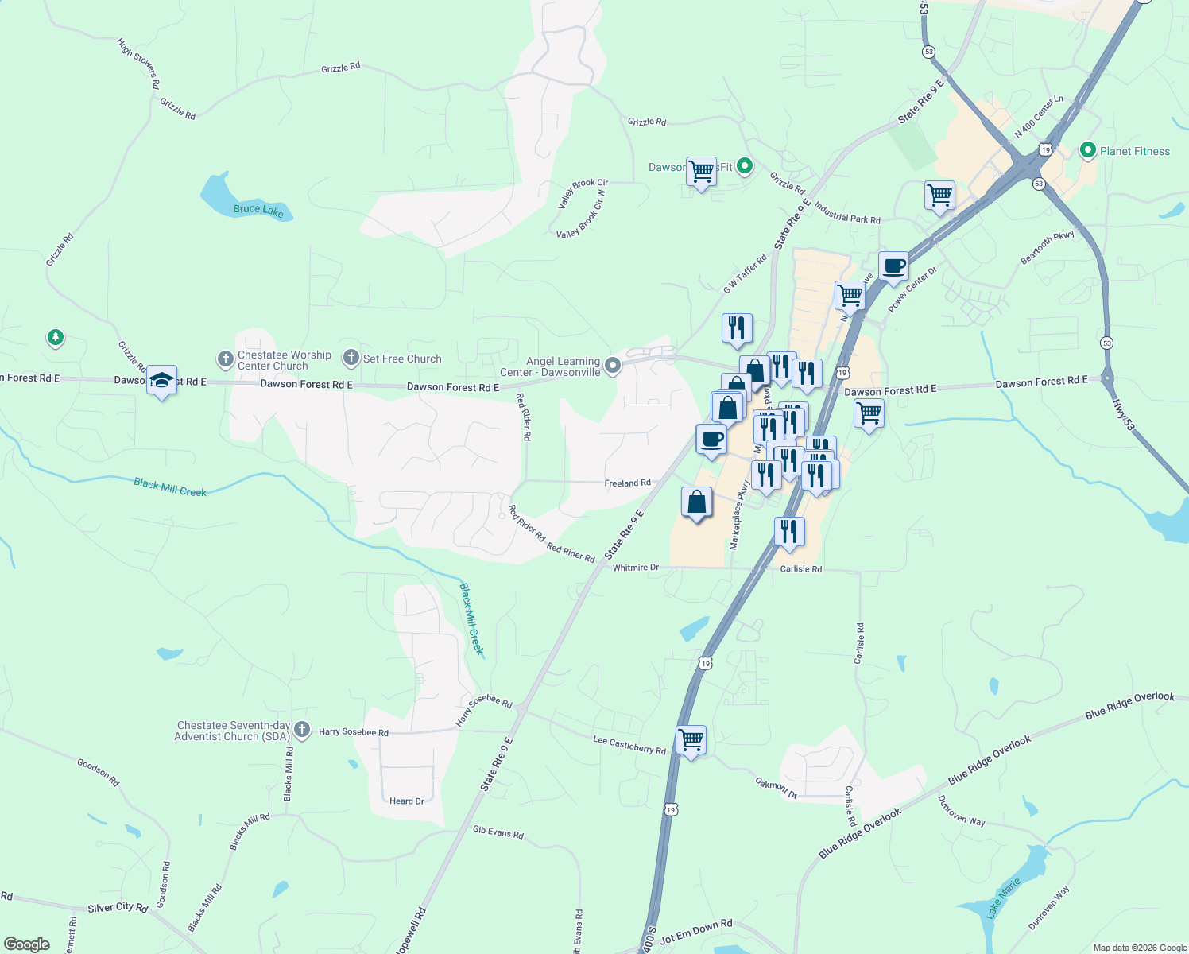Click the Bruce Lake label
click(258, 210)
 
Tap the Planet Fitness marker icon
click(1087, 150)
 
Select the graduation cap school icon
click(161, 381)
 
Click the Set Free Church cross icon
click(351, 358)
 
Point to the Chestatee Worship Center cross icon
click(225, 359)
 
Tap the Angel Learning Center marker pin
click(612, 366)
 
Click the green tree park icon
click(55, 338)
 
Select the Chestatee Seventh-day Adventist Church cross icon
click(301, 729)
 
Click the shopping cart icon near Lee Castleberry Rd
click(691, 740)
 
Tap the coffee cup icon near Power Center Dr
click(893, 266)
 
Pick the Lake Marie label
click(1002, 898)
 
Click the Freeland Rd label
click(627, 483)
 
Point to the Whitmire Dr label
click(635, 568)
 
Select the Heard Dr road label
click(406, 801)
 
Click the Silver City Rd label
click(118, 908)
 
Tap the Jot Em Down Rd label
click(696, 932)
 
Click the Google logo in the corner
click(26, 944)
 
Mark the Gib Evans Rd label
click(498, 832)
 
